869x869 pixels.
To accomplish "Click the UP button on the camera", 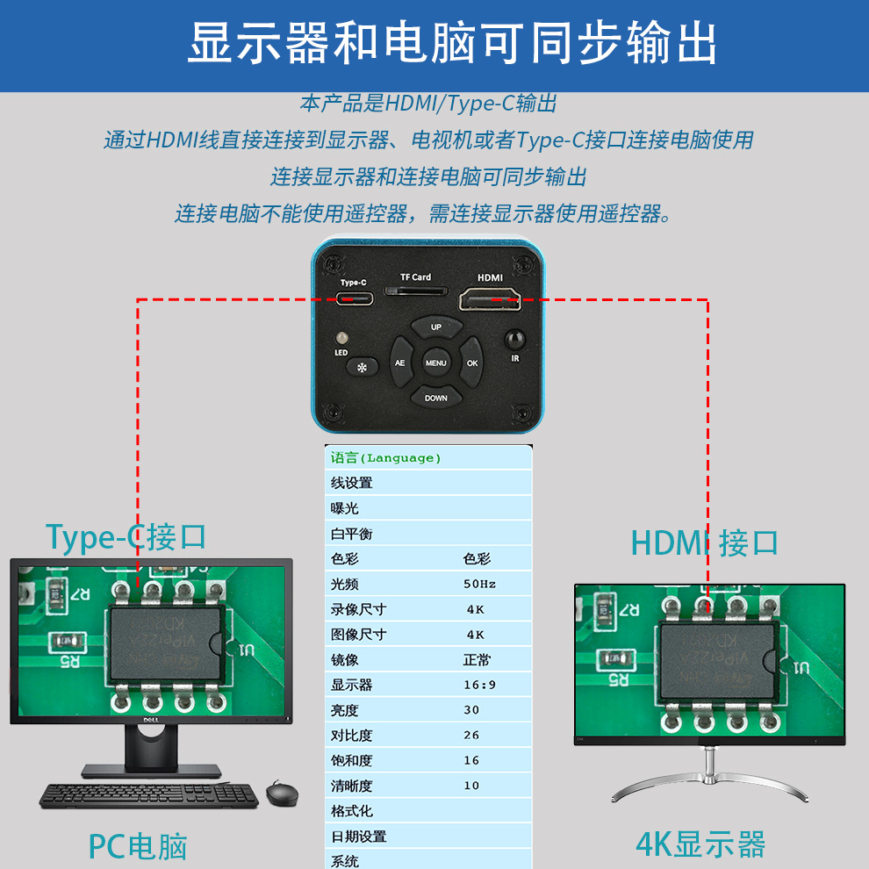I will (x=436, y=327).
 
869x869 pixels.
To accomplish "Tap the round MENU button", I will (x=436, y=363).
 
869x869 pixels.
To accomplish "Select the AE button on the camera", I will (x=399, y=363).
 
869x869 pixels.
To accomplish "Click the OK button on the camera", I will (x=472, y=363).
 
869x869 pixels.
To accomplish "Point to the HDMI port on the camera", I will (x=489, y=300).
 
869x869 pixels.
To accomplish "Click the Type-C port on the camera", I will (x=355, y=298).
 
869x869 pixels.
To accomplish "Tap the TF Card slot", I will (x=416, y=291).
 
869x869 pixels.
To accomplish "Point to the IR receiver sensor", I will (x=514, y=338).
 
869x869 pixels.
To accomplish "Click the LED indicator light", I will (x=341, y=337).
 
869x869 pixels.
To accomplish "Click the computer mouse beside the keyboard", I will (x=282, y=794).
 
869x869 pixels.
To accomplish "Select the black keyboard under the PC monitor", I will (x=149, y=795).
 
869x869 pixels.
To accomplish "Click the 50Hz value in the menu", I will (x=479, y=584).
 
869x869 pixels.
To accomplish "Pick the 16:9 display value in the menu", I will (x=479, y=685).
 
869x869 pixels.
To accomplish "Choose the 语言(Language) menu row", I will (x=386, y=457).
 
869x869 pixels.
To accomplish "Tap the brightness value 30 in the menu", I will (x=471, y=710).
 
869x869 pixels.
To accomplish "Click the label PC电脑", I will (x=138, y=846).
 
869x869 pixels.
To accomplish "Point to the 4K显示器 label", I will (x=700, y=844).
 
